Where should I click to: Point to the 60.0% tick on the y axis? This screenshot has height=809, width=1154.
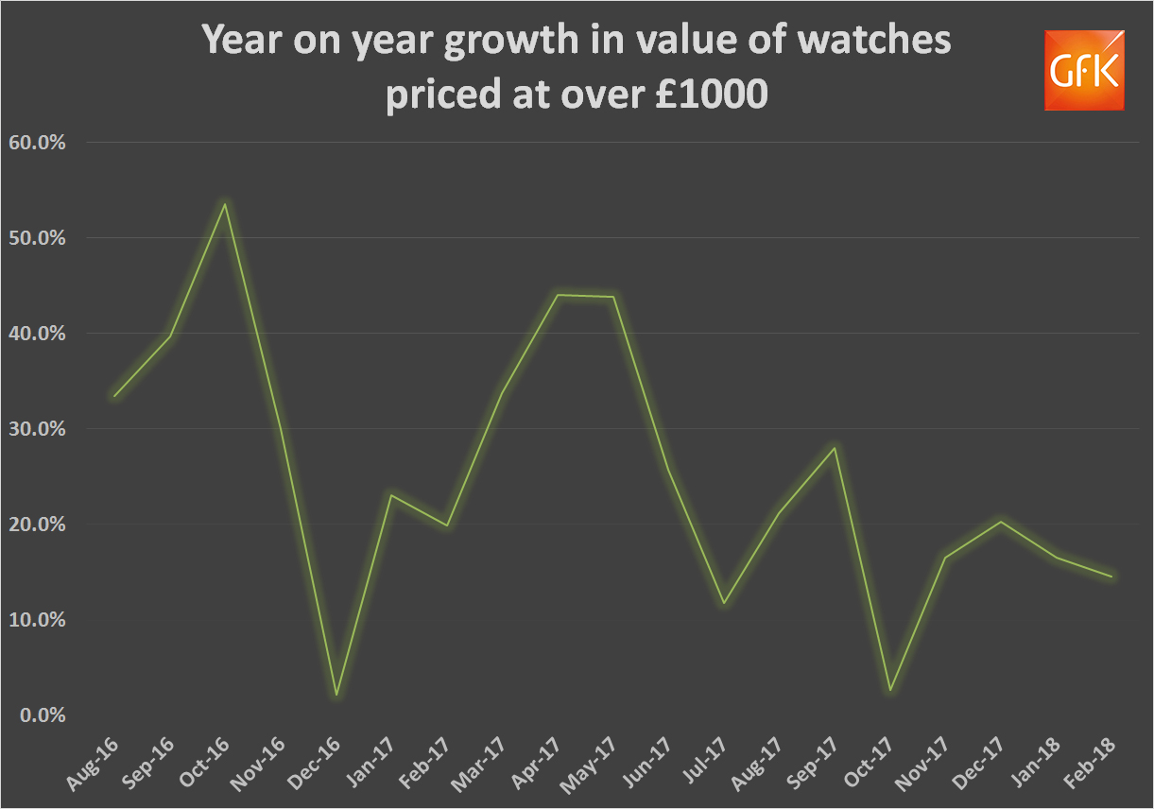tap(37, 143)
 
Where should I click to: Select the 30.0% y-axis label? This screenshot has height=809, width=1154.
tap(37, 429)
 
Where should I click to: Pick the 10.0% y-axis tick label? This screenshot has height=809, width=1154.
tap(37, 620)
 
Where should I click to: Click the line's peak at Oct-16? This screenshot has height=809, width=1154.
tap(224, 203)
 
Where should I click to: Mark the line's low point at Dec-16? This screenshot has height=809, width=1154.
tap(336, 696)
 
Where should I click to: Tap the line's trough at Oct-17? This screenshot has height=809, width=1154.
tap(889, 690)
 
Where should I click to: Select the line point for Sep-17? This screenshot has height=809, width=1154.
tap(834, 448)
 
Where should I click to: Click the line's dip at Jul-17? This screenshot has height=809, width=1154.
tap(723, 603)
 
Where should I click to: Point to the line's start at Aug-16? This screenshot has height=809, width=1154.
tap(113, 396)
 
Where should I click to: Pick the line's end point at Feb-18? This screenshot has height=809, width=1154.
tap(1111, 577)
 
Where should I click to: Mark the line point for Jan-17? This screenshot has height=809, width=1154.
tap(390, 495)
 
